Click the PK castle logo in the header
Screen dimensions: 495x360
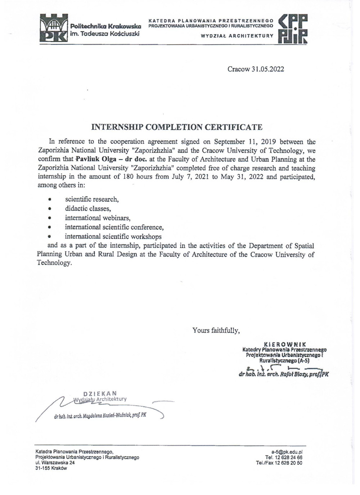pos(54,28)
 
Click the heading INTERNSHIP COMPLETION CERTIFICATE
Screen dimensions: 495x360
pos(177,127)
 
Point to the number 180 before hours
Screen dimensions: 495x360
pos(129,176)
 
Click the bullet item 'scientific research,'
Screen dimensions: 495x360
pos(92,199)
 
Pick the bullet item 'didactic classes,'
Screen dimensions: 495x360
pos(88,208)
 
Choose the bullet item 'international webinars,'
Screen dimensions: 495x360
pos(98,218)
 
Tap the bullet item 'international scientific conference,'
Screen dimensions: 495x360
pos(114,227)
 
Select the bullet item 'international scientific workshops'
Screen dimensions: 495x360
pos(113,237)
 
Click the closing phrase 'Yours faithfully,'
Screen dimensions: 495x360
pos(216,330)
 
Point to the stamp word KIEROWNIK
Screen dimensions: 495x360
pos(285,344)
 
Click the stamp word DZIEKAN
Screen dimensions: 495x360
pos(100,393)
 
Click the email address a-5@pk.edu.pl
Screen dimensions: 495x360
pos(287,452)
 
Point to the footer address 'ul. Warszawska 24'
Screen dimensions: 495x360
pos(55,463)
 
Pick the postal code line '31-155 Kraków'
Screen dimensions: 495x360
pos(51,468)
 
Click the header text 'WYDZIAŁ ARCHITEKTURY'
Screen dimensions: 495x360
pos(237,36)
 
